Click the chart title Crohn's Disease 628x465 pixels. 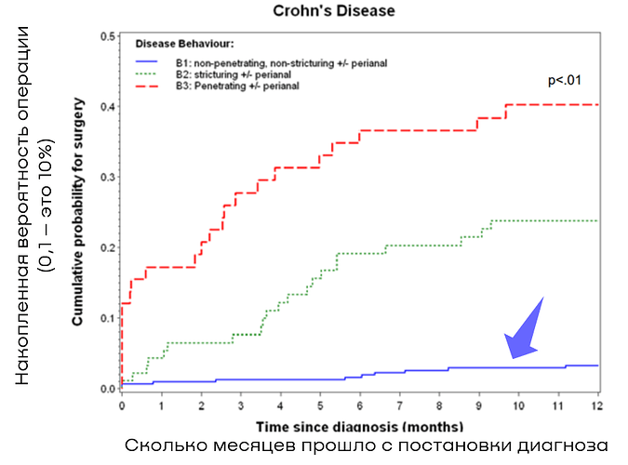tap(334, 11)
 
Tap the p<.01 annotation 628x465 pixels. tap(565, 81)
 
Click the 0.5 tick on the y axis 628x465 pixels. tap(107, 36)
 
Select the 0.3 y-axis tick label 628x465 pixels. tap(107, 178)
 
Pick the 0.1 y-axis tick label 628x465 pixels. tap(107, 318)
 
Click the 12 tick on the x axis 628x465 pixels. tap(597, 405)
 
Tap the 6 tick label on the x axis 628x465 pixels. tap(360, 405)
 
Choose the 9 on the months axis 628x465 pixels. tap(478, 405)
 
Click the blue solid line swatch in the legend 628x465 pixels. tap(147, 61)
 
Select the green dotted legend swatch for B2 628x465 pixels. tap(147, 74)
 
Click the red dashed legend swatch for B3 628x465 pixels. tap(147, 86)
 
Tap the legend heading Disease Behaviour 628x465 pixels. tap(184, 44)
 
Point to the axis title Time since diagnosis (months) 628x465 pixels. tap(360, 427)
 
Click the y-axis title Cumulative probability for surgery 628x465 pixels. tap(77, 211)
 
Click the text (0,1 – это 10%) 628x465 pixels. tap(47, 206)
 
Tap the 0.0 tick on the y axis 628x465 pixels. tap(107, 389)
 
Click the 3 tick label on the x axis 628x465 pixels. tap(241, 405)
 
